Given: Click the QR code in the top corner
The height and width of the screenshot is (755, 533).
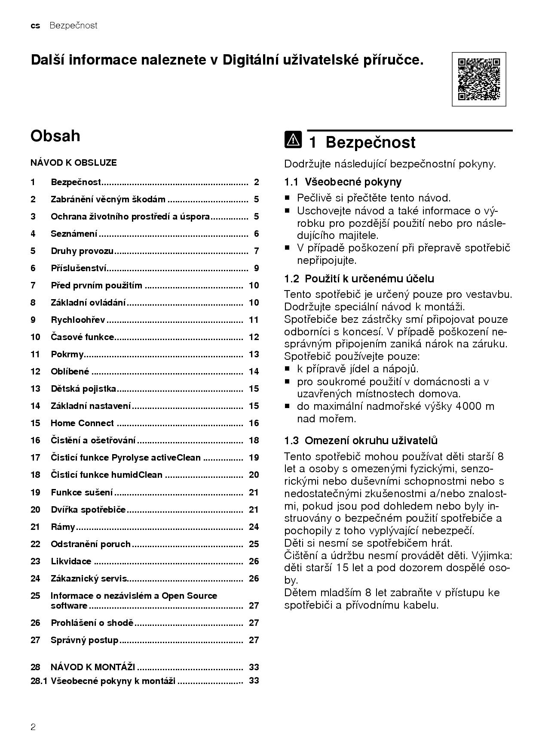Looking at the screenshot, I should (479, 79).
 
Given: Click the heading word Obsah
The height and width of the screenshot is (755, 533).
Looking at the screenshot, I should (55, 136).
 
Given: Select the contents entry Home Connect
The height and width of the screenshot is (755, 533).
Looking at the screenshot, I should (82, 423).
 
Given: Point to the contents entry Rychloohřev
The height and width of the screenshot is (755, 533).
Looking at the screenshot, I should (78, 320).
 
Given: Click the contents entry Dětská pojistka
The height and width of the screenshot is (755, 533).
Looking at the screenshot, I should (83, 389).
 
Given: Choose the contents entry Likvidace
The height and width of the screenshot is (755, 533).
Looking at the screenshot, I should (71, 561).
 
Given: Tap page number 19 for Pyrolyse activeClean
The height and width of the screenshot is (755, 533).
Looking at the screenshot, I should (254, 458).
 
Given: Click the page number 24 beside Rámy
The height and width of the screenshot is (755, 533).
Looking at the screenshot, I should (254, 527).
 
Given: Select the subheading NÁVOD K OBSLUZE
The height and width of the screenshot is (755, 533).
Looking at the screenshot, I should (74, 163).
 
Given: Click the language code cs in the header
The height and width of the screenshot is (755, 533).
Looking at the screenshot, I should (35, 26).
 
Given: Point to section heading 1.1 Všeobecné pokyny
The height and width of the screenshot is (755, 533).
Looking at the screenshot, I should (343, 182).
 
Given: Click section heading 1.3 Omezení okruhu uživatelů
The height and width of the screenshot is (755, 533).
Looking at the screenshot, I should (361, 441).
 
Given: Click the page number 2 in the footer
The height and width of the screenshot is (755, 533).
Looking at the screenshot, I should (33, 727).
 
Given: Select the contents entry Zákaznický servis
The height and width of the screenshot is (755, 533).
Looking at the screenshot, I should (89, 579).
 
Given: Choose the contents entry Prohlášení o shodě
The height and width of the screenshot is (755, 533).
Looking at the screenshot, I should (92, 623).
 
